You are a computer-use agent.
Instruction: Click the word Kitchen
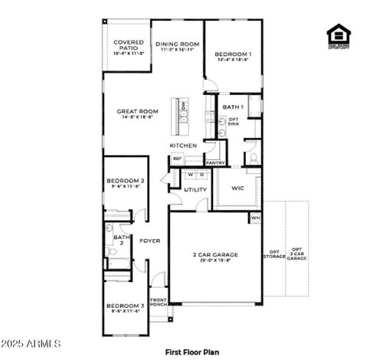tap(183, 146)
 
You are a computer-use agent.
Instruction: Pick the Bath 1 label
tap(233, 106)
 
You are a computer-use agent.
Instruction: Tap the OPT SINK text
tap(234, 121)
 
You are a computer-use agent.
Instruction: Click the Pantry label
tap(215, 162)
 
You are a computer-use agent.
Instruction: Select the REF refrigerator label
tap(177, 159)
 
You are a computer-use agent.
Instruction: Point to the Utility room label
tap(195, 189)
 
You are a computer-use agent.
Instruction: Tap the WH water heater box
tap(254, 218)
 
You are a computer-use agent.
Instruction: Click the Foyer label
tap(149, 241)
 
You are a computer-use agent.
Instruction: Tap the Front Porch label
tap(159, 303)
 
